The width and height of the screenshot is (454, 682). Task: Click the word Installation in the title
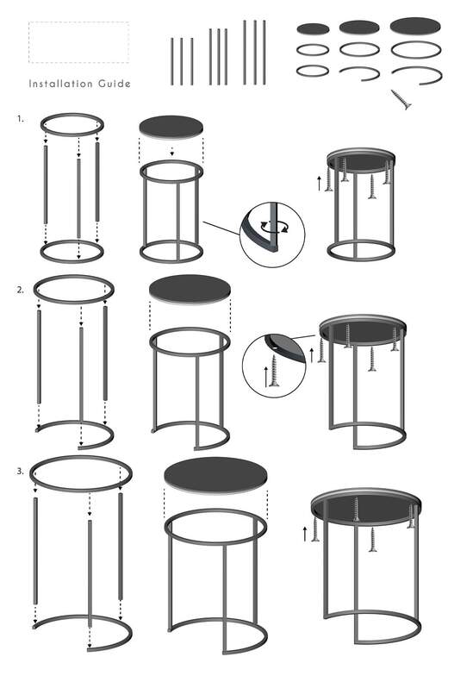[61, 84]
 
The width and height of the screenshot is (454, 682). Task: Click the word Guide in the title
[115, 84]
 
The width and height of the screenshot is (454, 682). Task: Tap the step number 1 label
[21, 119]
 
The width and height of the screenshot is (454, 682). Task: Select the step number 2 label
[21, 290]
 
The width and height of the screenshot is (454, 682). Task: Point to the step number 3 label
[21, 471]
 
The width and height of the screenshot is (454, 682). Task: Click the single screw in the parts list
[401, 100]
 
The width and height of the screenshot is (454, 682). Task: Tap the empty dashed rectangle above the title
[78, 42]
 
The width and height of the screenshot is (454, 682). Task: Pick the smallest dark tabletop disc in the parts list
[313, 29]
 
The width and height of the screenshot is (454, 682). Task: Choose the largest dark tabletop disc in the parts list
[415, 26]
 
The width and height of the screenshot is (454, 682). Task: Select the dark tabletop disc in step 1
[171, 127]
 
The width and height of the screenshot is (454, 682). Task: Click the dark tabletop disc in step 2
[190, 288]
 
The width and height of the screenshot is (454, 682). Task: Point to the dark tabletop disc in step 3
[216, 475]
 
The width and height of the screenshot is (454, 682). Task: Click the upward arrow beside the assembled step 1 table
[320, 184]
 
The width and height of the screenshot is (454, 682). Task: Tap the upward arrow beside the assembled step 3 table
[305, 534]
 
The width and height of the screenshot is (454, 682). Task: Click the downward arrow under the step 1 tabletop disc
[172, 152]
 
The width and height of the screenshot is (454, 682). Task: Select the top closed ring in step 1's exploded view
[72, 125]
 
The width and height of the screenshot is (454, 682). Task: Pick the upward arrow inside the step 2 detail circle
[266, 377]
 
